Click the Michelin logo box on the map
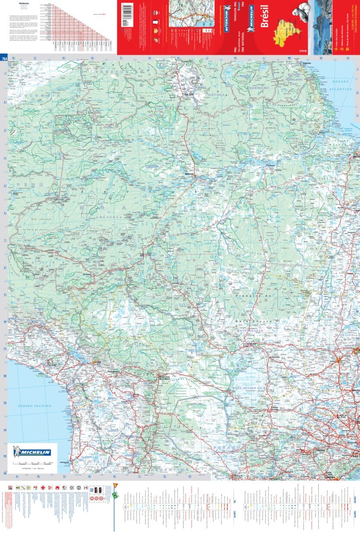tap(32, 452)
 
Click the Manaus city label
tap(188, 174)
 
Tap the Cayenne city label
tap(307, 64)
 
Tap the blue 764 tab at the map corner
tap(4, 59)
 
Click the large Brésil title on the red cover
tap(265, 19)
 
